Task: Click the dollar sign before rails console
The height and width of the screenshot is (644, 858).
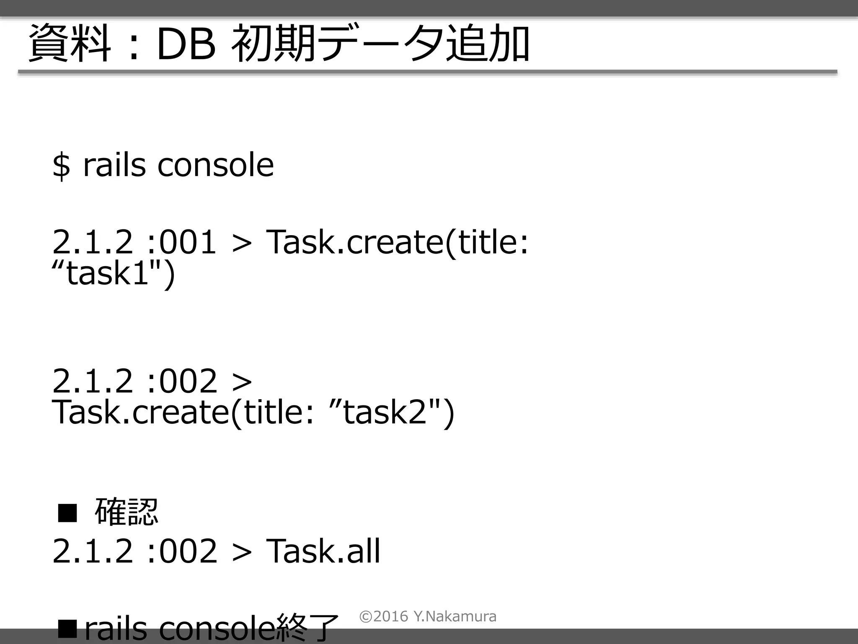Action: pyautogui.click(x=61, y=166)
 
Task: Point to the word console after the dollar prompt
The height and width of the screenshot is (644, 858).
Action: pyautogui.click(x=215, y=165)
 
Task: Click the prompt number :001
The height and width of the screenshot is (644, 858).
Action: pyautogui.click(x=182, y=242)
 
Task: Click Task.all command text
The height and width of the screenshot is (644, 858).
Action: pyautogui.click(x=323, y=551)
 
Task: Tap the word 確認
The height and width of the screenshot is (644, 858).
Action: pyautogui.click(x=127, y=512)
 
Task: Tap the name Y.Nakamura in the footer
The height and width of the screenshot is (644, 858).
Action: pyautogui.click(x=455, y=616)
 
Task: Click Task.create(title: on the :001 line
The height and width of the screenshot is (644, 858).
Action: pyautogui.click(x=397, y=242)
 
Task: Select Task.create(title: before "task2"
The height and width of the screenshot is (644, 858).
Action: pyautogui.click(x=183, y=412)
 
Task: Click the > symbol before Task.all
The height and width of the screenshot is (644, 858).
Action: pyautogui.click(x=242, y=551)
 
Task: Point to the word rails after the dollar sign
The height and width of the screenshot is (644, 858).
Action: pyautogui.click(x=114, y=165)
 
